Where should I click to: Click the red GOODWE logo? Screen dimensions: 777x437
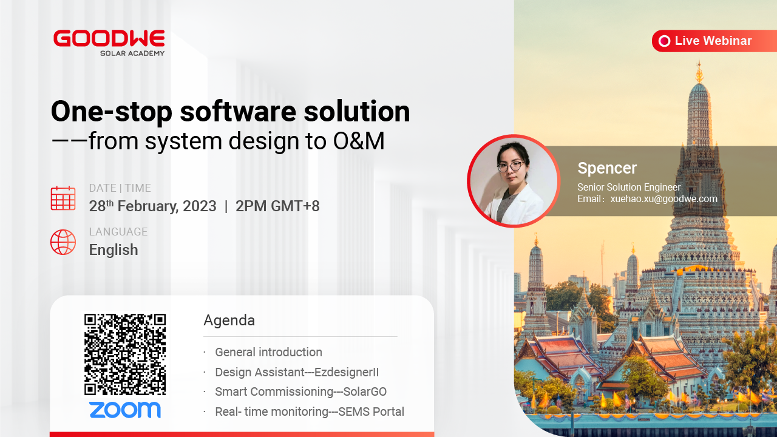pos(109,38)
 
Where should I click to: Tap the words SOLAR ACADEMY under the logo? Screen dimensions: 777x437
pos(132,53)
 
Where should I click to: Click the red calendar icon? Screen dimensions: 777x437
pos(63,198)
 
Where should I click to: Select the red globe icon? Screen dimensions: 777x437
pos(63,242)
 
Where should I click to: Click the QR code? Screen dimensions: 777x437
pos(125,354)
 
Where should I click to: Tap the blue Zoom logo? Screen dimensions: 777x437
pos(125,410)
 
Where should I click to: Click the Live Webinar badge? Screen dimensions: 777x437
pos(714,41)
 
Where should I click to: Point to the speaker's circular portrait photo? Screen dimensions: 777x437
pos(514,181)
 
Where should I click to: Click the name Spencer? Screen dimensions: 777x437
pos(607,168)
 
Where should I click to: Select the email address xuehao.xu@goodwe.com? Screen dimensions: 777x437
pos(663,198)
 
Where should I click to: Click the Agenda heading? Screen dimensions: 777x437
pos(229,320)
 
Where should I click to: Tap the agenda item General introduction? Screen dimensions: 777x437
pos(268,352)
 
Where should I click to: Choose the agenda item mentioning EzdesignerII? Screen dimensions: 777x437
pos(297,372)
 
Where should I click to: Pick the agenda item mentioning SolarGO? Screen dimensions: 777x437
pos(300,391)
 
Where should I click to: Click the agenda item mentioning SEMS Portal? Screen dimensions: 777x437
pos(310,412)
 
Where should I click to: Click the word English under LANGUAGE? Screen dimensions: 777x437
pos(114,249)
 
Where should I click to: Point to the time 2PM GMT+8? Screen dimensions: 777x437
pos(277,206)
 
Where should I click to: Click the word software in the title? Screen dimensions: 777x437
pos(238,111)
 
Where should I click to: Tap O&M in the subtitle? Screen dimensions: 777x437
pos(359,141)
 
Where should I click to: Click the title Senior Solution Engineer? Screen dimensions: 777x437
pos(629,188)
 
